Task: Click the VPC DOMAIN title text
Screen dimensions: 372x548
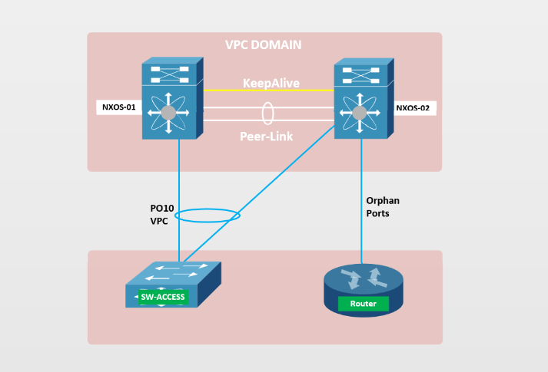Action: (x=263, y=45)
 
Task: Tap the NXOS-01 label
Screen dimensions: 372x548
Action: (x=119, y=107)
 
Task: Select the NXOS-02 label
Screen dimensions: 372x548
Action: (x=414, y=108)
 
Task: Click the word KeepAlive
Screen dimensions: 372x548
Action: (x=271, y=83)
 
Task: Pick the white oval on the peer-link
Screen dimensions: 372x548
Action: (x=267, y=113)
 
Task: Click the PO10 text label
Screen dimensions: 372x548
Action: (x=161, y=208)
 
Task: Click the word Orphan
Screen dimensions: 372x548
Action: (x=383, y=201)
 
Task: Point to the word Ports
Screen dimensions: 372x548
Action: (x=379, y=213)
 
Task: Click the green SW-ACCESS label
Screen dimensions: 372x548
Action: (x=162, y=297)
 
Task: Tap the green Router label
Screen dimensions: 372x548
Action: (x=363, y=304)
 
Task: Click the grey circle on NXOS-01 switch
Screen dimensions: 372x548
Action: (x=169, y=114)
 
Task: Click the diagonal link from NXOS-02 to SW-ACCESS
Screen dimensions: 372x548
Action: (x=261, y=191)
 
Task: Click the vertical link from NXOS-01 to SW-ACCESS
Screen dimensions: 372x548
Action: (x=179, y=184)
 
